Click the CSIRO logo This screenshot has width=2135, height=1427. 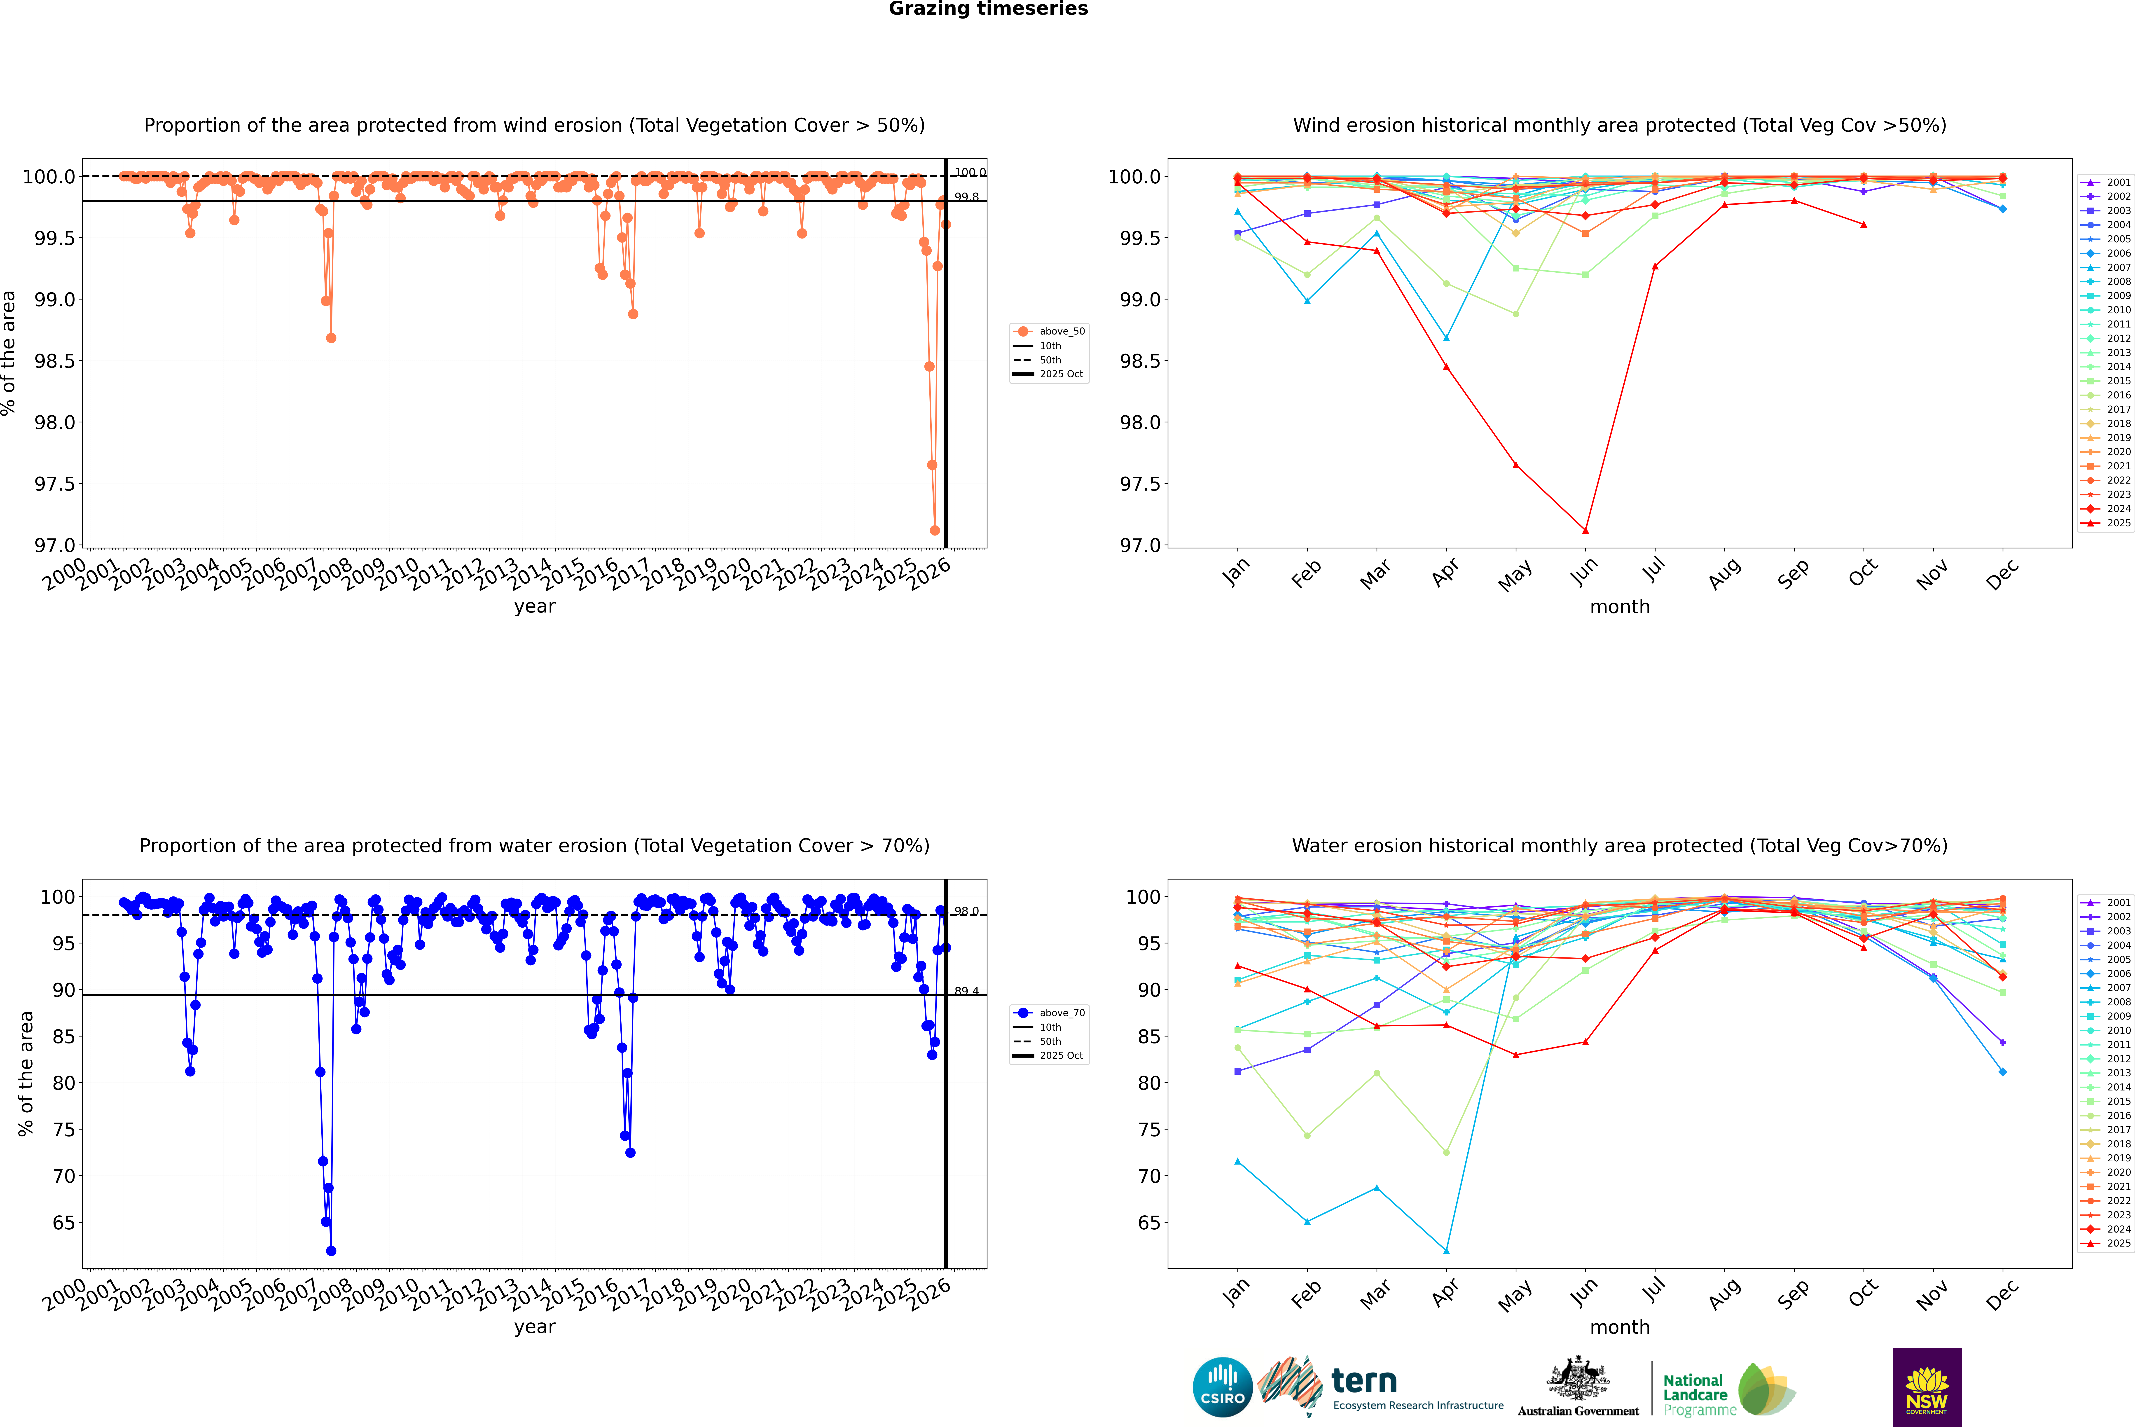click(1222, 1387)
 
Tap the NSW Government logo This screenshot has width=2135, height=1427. click(1927, 1387)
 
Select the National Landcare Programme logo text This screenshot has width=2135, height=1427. click(1695, 1394)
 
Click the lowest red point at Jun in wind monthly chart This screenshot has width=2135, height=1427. click(1585, 531)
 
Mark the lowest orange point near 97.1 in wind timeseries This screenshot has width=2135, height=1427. click(935, 531)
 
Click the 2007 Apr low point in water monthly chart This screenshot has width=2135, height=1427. click(1446, 1251)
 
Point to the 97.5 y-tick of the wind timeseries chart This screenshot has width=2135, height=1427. click(55, 484)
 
